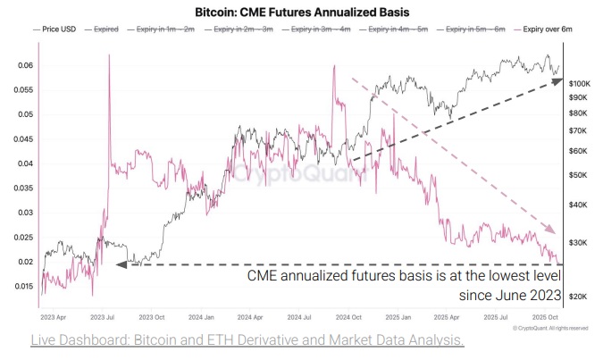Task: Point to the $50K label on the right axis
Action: click(x=579, y=173)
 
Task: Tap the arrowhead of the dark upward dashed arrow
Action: click(x=557, y=81)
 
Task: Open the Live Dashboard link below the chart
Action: click(x=247, y=340)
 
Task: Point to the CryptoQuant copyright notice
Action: click(x=550, y=329)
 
